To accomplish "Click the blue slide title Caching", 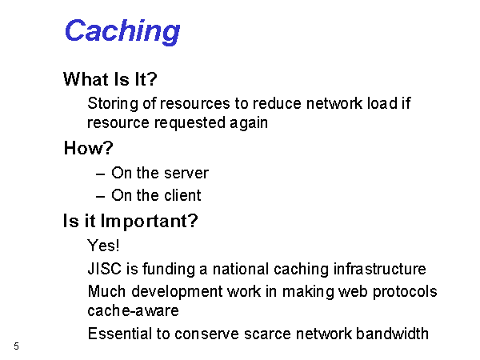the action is point(122,31).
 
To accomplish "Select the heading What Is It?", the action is point(110,79).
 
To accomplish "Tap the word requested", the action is point(190,123).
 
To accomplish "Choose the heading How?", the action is point(89,148).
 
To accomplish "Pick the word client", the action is point(182,195).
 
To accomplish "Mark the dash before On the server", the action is point(101,174).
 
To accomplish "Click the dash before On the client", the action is point(101,197).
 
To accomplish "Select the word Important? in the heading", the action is point(150,222).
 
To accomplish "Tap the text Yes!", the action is point(103,246).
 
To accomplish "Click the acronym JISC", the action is point(104,269).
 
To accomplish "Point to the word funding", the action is point(169,269).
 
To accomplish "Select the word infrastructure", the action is point(379,269).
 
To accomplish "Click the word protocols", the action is point(405,292).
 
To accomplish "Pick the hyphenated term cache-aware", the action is point(133,311).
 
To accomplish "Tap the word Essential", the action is point(120,334).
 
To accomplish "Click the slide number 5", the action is point(16,346).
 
